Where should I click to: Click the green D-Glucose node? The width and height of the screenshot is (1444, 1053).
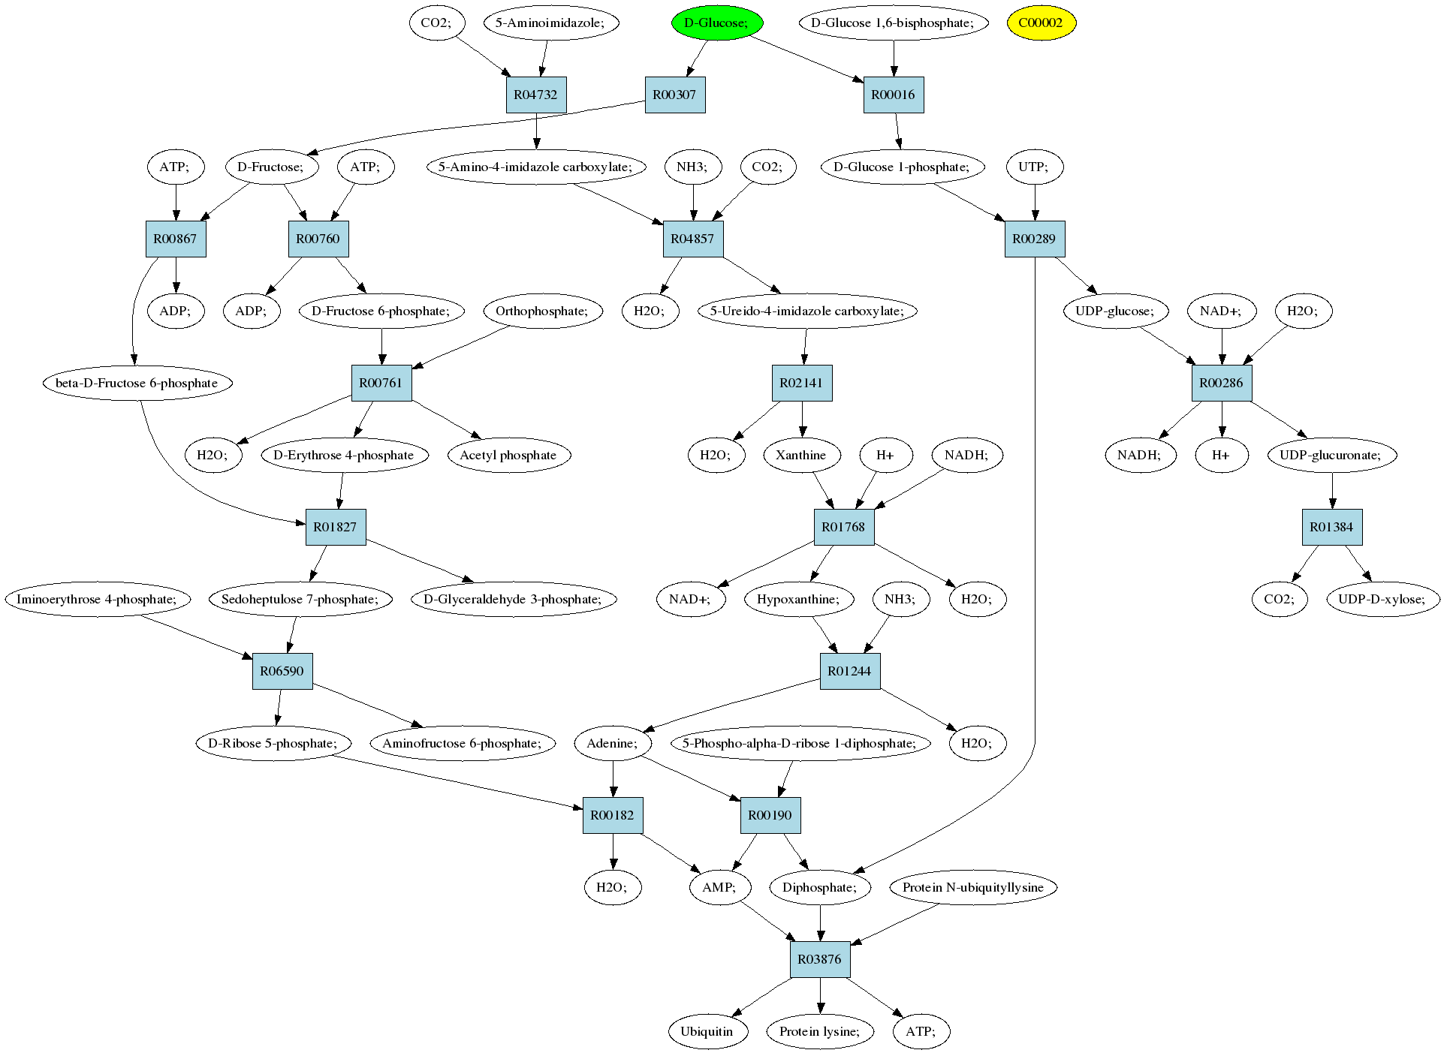716,23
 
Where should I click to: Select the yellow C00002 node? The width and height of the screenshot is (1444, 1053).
1041,23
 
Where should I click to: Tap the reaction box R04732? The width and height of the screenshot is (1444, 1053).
536,95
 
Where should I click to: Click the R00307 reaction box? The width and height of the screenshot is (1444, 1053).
674,95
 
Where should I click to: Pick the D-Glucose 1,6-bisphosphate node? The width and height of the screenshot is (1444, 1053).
893,23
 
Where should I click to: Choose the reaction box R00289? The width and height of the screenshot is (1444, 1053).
1034,239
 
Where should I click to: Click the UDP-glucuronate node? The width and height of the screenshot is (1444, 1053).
1332,455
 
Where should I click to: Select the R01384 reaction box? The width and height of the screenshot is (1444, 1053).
1331,527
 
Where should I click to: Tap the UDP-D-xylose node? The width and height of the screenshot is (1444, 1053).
1382,599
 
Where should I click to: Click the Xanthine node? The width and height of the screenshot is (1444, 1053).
800,455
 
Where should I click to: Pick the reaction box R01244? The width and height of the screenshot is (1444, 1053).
849,671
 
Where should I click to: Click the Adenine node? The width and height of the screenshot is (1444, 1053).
613,743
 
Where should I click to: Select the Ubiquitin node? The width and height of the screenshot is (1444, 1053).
707,1031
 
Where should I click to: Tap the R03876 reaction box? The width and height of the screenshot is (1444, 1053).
819,959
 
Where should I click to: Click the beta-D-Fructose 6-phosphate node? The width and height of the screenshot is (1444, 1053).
137,383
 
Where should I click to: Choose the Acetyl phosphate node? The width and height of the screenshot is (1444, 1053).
508,455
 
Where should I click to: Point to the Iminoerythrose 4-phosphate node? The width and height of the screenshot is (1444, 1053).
97,599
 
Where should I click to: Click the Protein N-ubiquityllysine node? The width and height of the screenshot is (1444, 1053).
973,887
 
